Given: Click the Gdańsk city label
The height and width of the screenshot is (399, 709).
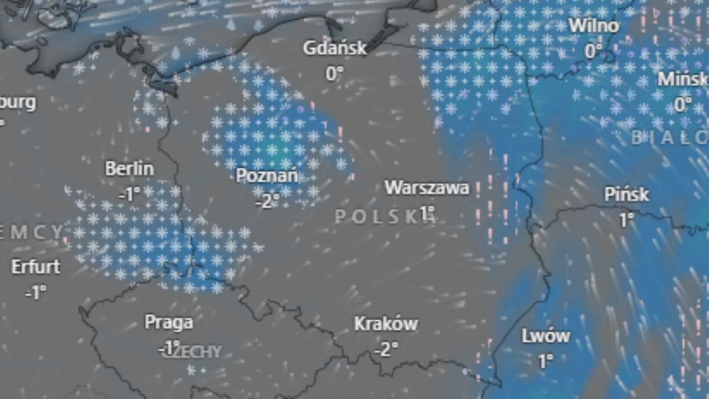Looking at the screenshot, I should pyautogui.click(x=335, y=48).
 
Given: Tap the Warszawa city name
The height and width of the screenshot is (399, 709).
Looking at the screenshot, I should pyautogui.click(x=427, y=188).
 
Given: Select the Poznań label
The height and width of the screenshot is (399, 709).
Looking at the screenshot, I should pyautogui.click(x=266, y=176).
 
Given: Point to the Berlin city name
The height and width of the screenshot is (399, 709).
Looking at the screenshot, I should pyautogui.click(x=129, y=168).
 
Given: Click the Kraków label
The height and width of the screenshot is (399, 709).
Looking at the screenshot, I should pyautogui.click(x=386, y=324).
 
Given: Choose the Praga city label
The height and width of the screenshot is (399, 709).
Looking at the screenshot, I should pyautogui.click(x=168, y=322).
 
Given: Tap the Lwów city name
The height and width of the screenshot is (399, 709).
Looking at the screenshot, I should pyautogui.click(x=545, y=336).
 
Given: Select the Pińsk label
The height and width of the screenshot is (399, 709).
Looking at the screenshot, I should pyautogui.click(x=626, y=194).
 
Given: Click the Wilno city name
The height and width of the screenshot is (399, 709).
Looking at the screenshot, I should pyautogui.click(x=594, y=26).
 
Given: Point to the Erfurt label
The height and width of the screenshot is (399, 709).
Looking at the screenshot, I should pyautogui.click(x=35, y=267).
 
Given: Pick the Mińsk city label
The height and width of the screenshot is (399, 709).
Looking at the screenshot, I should pyautogui.click(x=682, y=79).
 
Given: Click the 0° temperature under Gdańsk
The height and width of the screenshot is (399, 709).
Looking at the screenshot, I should pyautogui.click(x=334, y=73).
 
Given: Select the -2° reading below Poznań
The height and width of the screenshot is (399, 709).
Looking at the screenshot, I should pyautogui.click(x=266, y=201).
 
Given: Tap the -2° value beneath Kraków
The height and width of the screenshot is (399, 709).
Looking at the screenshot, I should pyautogui.click(x=386, y=349).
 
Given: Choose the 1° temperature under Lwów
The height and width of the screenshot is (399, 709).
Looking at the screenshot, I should pyautogui.click(x=545, y=361).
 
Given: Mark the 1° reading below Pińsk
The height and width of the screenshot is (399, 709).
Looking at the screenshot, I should pyautogui.click(x=626, y=220).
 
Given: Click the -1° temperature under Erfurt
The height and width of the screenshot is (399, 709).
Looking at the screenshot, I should pyautogui.click(x=35, y=292).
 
